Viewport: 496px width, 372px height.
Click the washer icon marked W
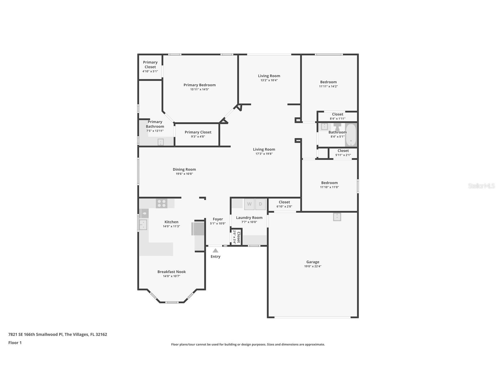[249, 204]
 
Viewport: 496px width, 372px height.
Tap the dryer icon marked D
[260, 204]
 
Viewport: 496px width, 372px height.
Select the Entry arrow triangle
[215, 251]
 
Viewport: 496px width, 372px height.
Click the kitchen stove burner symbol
[161, 203]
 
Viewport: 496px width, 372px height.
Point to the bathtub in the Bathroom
[351, 135]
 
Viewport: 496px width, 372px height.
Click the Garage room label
[313, 262]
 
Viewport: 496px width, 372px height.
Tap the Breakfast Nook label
[172, 272]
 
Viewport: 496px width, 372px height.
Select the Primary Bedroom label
[199, 85]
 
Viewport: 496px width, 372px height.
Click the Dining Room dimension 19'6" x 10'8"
[184, 174]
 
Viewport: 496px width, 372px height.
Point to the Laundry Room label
[249, 218]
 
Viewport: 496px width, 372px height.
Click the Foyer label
[218, 219]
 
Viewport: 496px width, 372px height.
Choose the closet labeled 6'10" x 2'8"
[284, 204]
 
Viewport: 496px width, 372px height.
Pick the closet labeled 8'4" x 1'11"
[337, 116]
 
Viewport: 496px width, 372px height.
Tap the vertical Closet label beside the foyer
[239, 237]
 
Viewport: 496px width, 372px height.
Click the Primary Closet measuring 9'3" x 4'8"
[198, 134]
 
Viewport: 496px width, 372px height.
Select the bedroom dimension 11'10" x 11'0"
[329, 187]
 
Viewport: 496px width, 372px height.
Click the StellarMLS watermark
[481, 186]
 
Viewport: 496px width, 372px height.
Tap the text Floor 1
[15, 343]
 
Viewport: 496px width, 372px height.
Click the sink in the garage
[337, 217]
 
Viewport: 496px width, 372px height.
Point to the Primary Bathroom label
[155, 124]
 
